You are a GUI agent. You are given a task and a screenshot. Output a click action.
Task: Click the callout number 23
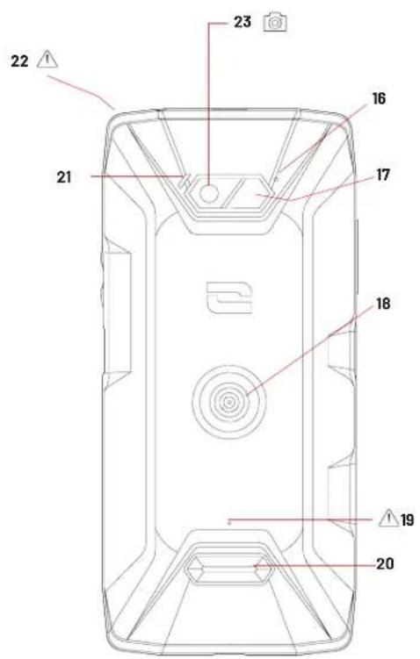[243, 22]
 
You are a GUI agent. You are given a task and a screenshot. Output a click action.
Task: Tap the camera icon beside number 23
[275, 22]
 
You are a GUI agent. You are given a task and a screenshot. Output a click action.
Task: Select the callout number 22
[20, 61]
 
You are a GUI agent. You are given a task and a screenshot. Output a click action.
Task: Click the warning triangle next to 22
[47, 60]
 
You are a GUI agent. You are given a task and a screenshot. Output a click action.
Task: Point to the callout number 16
[379, 98]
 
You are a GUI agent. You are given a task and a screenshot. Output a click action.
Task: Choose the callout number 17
[382, 175]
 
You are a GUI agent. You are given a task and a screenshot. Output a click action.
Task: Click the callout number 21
[64, 177]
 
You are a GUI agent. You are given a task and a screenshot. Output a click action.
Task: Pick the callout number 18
[383, 304]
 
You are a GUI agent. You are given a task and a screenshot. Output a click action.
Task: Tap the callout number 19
[408, 520]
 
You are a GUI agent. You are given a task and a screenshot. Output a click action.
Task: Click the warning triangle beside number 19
[388, 519]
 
